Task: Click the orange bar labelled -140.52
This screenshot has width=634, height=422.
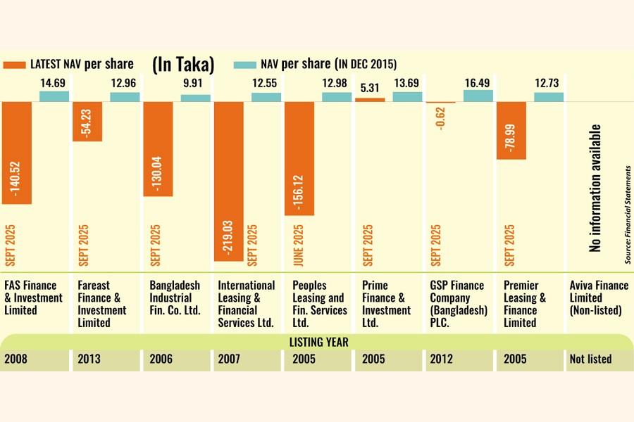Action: coord(17,153)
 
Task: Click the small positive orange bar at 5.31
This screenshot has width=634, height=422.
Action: coord(370,100)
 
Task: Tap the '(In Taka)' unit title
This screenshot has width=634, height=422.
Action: coord(184,64)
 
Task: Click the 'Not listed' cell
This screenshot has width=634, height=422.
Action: coord(590,359)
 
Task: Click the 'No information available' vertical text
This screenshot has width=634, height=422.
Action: coord(596,188)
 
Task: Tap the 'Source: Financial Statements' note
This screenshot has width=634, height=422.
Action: coord(626,215)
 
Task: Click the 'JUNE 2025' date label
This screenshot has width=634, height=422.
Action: coord(297,245)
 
